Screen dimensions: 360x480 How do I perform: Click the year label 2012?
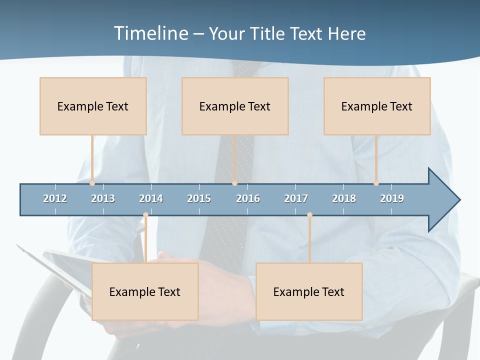(x=55, y=198)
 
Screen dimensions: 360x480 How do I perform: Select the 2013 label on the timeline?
(x=103, y=198)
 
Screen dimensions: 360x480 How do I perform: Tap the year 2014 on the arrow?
(x=151, y=198)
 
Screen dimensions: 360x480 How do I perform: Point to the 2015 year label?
(x=199, y=198)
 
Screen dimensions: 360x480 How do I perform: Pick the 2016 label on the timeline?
(x=248, y=198)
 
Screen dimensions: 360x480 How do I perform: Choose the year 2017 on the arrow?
(x=296, y=198)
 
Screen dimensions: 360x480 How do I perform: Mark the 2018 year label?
(x=344, y=198)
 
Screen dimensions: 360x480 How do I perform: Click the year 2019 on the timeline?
(x=392, y=198)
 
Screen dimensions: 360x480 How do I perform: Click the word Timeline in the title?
(x=150, y=33)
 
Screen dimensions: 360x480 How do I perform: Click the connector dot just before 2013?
(x=92, y=183)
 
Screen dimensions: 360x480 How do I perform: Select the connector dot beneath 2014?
(x=145, y=215)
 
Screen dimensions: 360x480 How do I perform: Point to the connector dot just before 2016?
(x=234, y=183)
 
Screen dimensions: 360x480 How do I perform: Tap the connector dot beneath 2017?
(x=309, y=215)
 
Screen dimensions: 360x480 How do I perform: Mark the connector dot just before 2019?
(x=376, y=183)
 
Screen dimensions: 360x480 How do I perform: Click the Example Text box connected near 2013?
(x=93, y=106)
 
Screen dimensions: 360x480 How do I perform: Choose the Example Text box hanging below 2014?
(x=145, y=291)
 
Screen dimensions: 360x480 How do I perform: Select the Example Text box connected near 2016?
(x=235, y=106)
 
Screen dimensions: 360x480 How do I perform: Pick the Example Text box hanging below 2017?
(x=309, y=291)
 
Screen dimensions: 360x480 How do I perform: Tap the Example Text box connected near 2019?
(x=377, y=106)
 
